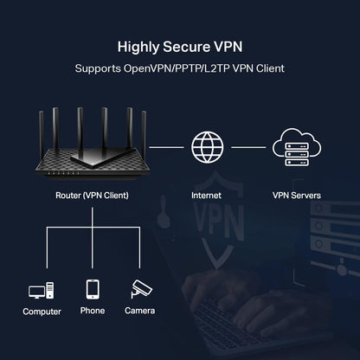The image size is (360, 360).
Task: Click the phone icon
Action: tap(92, 289)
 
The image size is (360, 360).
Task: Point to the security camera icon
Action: tap(139, 289)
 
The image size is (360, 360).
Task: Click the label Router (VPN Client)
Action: tap(91, 196)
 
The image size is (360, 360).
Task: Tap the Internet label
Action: tap(206, 196)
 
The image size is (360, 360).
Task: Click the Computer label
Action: tap(42, 311)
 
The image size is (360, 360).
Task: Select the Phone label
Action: tap(92, 311)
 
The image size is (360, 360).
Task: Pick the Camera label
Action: tap(139, 311)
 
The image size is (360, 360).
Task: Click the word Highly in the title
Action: tap(138, 46)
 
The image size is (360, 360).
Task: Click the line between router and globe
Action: tap(170, 148)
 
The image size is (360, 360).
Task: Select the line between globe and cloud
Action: tap(248, 148)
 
